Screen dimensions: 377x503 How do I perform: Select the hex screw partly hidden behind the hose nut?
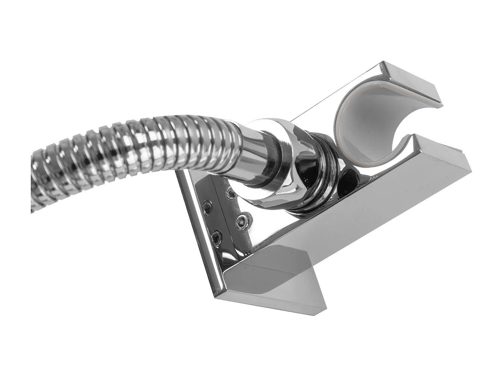click(230, 191)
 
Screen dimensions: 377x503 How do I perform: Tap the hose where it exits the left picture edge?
click(34, 181)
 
